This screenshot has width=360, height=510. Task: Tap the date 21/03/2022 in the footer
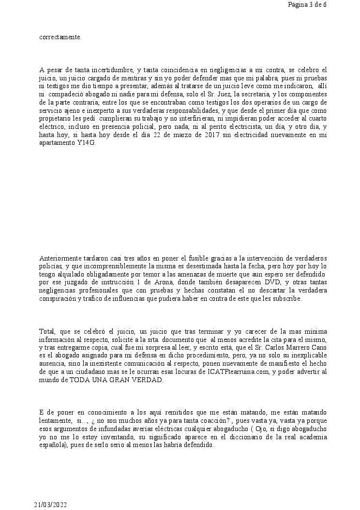(50, 504)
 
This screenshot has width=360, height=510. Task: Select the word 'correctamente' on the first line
(60, 37)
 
